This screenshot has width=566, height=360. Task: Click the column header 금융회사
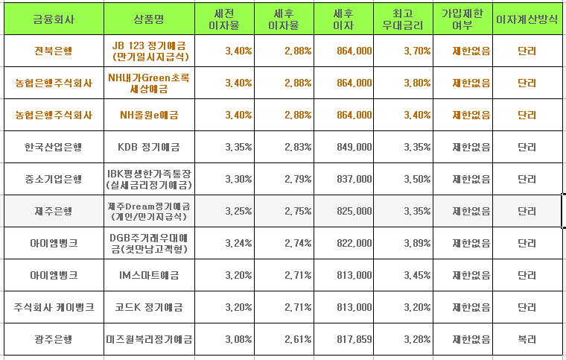pyautogui.click(x=53, y=18)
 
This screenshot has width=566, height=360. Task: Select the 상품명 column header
pyautogui.click(x=150, y=18)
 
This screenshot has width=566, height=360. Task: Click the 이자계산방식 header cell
pyautogui.click(x=527, y=18)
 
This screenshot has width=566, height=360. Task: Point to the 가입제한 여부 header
pyautogui.click(x=465, y=18)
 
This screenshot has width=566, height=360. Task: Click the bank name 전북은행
pyautogui.click(x=53, y=51)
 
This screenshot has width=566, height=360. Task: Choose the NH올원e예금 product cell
pyautogui.click(x=150, y=115)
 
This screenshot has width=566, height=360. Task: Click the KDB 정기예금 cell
pyautogui.click(x=150, y=147)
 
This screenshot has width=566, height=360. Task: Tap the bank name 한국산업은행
pyautogui.click(x=53, y=147)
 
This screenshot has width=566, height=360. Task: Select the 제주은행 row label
pyautogui.click(x=53, y=211)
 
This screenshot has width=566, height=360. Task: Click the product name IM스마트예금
pyautogui.click(x=150, y=275)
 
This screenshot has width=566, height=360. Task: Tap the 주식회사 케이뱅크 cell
pyautogui.click(x=53, y=307)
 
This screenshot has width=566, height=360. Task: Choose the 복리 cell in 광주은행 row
pyautogui.click(x=527, y=339)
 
